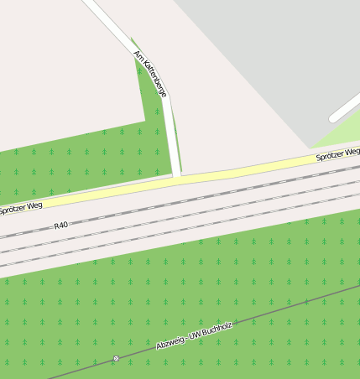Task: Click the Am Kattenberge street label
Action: [151, 74]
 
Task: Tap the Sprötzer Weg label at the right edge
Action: [337, 153]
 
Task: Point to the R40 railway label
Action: [60, 226]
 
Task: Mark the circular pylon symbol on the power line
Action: [117, 359]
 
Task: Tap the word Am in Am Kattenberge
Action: [138, 55]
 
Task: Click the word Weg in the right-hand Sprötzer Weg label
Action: [352, 151]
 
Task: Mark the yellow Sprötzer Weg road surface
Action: [252, 168]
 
